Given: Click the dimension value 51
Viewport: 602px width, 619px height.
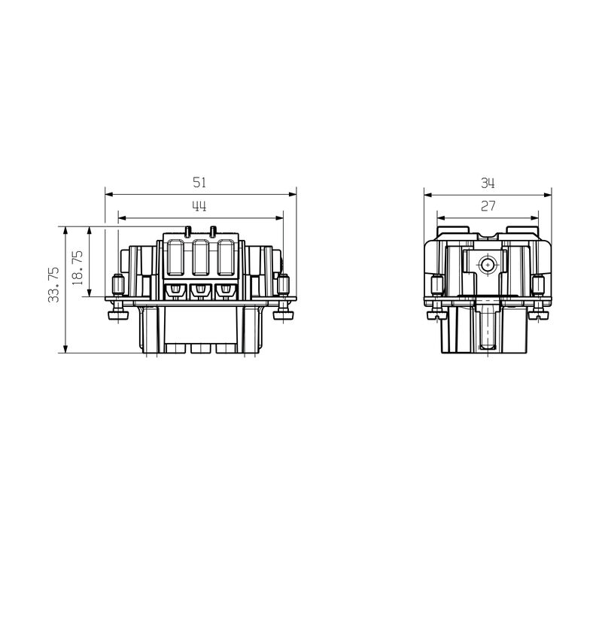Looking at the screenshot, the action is [199, 182].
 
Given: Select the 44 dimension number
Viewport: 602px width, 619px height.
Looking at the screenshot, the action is [199, 206].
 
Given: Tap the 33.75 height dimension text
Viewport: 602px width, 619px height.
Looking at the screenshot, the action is [53, 284].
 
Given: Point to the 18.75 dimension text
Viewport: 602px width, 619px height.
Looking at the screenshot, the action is [78, 268].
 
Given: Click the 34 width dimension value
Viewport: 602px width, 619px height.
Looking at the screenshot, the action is [488, 184].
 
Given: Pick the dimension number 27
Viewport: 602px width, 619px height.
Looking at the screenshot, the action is [488, 206].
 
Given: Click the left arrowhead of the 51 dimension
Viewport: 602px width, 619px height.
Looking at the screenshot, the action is [109, 194].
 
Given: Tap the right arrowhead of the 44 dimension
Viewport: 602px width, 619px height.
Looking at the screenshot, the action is [279, 218].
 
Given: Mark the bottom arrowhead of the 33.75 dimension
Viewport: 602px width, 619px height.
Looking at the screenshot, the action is [65, 348].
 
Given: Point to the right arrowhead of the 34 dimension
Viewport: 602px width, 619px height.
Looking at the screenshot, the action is [548, 195].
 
